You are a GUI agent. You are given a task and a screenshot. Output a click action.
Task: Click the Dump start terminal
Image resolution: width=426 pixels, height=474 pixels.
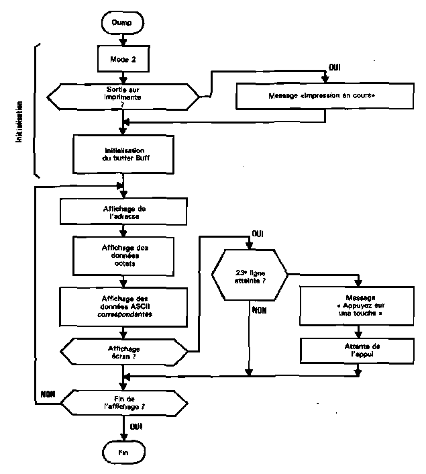click(x=123, y=23)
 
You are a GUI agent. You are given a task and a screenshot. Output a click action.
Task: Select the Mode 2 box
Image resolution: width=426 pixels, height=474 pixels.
click(x=122, y=58)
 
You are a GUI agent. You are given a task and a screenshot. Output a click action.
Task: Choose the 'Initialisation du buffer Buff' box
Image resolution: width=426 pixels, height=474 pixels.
click(x=121, y=154)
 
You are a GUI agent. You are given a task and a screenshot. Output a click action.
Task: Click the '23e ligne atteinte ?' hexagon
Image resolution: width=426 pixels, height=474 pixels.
click(x=250, y=276)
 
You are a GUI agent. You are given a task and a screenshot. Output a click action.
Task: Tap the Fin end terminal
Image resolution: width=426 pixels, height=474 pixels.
click(x=123, y=453)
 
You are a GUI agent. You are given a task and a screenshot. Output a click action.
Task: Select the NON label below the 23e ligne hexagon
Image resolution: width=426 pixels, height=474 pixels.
click(x=259, y=310)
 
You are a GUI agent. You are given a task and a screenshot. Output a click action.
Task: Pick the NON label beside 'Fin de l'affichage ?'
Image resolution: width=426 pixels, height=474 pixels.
click(x=48, y=393)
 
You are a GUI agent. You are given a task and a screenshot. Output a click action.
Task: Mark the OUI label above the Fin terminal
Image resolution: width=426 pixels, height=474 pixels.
click(x=136, y=426)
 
